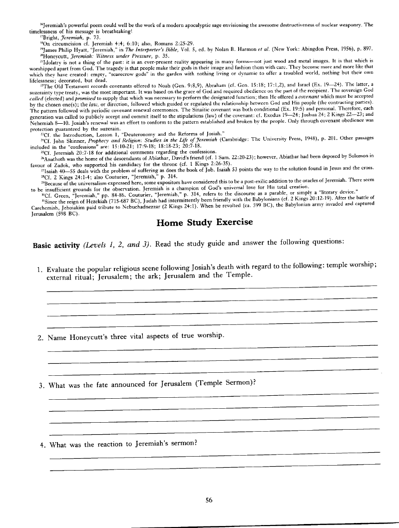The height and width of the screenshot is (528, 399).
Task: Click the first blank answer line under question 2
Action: click(x=212, y=350)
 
